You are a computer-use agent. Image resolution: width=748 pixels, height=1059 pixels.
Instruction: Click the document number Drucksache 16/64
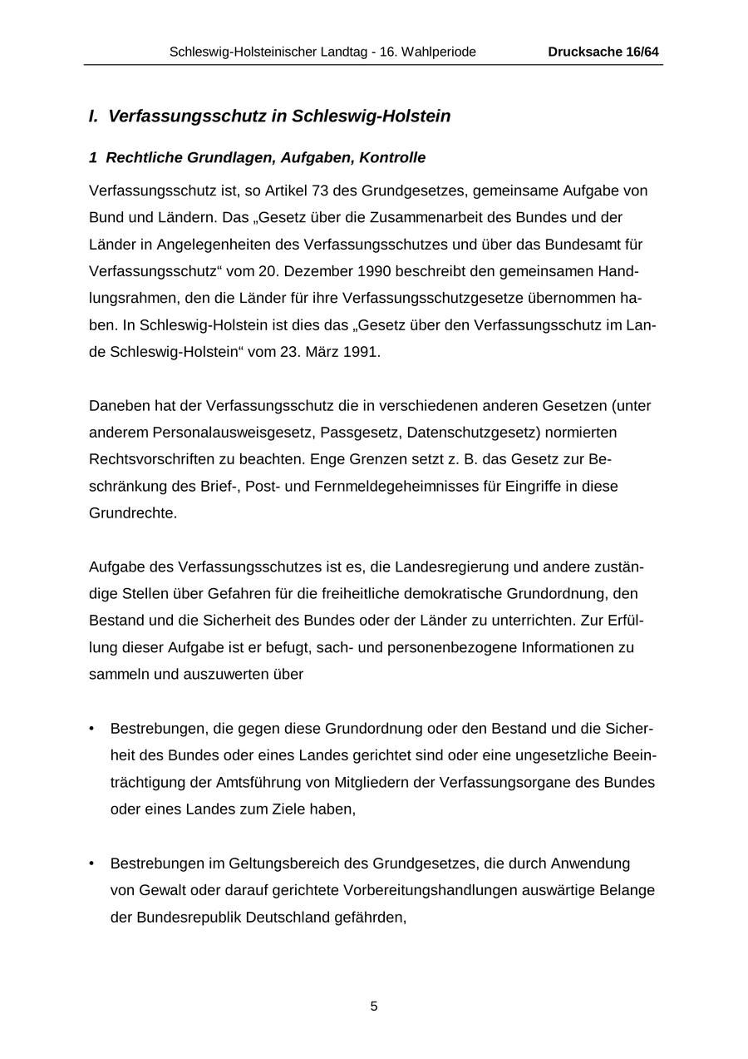point(603,52)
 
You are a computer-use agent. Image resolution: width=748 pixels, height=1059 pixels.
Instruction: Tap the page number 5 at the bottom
point(374,1007)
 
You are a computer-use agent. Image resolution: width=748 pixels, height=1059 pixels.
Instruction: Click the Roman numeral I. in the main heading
point(94,116)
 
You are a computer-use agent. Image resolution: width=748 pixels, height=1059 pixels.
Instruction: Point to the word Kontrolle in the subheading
point(392,158)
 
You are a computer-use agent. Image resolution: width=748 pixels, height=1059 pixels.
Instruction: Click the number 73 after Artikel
point(320,191)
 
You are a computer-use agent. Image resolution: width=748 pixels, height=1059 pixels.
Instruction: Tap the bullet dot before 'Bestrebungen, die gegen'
point(91,729)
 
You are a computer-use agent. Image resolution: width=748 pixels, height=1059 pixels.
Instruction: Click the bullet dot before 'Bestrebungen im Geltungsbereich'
point(91,864)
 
